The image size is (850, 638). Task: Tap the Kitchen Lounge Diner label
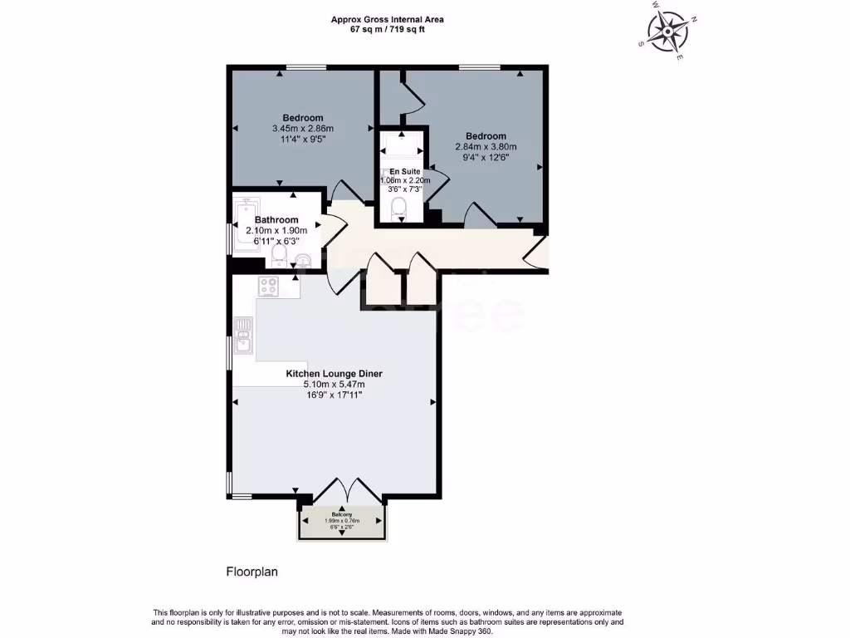point(334,374)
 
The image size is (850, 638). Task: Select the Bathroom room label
point(276,220)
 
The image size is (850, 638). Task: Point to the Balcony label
point(342,514)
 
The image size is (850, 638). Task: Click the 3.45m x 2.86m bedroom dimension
point(302,129)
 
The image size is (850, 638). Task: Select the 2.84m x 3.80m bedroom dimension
point(486,147)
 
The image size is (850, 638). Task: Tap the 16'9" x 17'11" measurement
point(334,395)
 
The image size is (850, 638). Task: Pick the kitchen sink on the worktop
point(244,340)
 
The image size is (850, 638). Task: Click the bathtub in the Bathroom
point(247,224)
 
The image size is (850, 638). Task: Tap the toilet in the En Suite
point(399,208)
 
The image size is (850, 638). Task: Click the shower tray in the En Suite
point(400,149)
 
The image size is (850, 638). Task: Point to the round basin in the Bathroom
point(304,260)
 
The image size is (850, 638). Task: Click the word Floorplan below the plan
point(252,572)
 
